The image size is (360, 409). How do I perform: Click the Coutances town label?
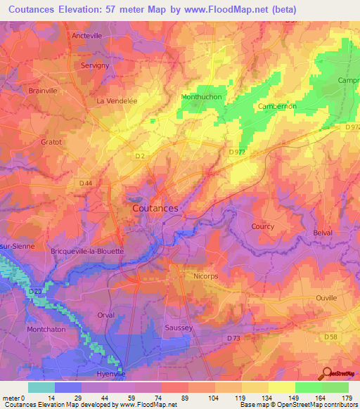(x=155, y=209)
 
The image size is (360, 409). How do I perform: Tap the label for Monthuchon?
(x=202, y=97)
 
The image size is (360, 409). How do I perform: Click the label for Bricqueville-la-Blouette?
(x=87, y=251)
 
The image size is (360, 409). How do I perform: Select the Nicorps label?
(x=207, y=276)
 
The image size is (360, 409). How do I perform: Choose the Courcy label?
(x=262, y=226)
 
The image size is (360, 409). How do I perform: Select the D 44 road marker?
(x=86, y=183)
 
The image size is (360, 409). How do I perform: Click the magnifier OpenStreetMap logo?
(x=327, y=373)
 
